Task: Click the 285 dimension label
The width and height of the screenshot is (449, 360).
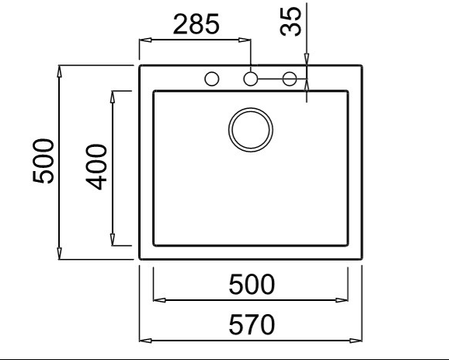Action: tap(197, 24)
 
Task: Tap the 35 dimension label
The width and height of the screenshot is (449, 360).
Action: tap(291, 22)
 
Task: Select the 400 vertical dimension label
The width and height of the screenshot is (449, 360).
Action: tap(96, 167)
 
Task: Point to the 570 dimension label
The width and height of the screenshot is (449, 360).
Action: tap(252, 324)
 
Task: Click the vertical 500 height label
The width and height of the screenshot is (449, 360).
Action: tap(43, 161)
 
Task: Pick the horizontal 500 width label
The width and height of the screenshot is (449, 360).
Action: tap(252, 285)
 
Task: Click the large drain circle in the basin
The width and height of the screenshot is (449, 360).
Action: tap(251, 130)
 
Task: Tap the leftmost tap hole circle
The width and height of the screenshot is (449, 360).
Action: tap(212, 79)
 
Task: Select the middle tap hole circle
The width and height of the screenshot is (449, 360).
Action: tap(251, 79)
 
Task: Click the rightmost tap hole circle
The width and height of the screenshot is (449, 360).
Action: tap(290, 79)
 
